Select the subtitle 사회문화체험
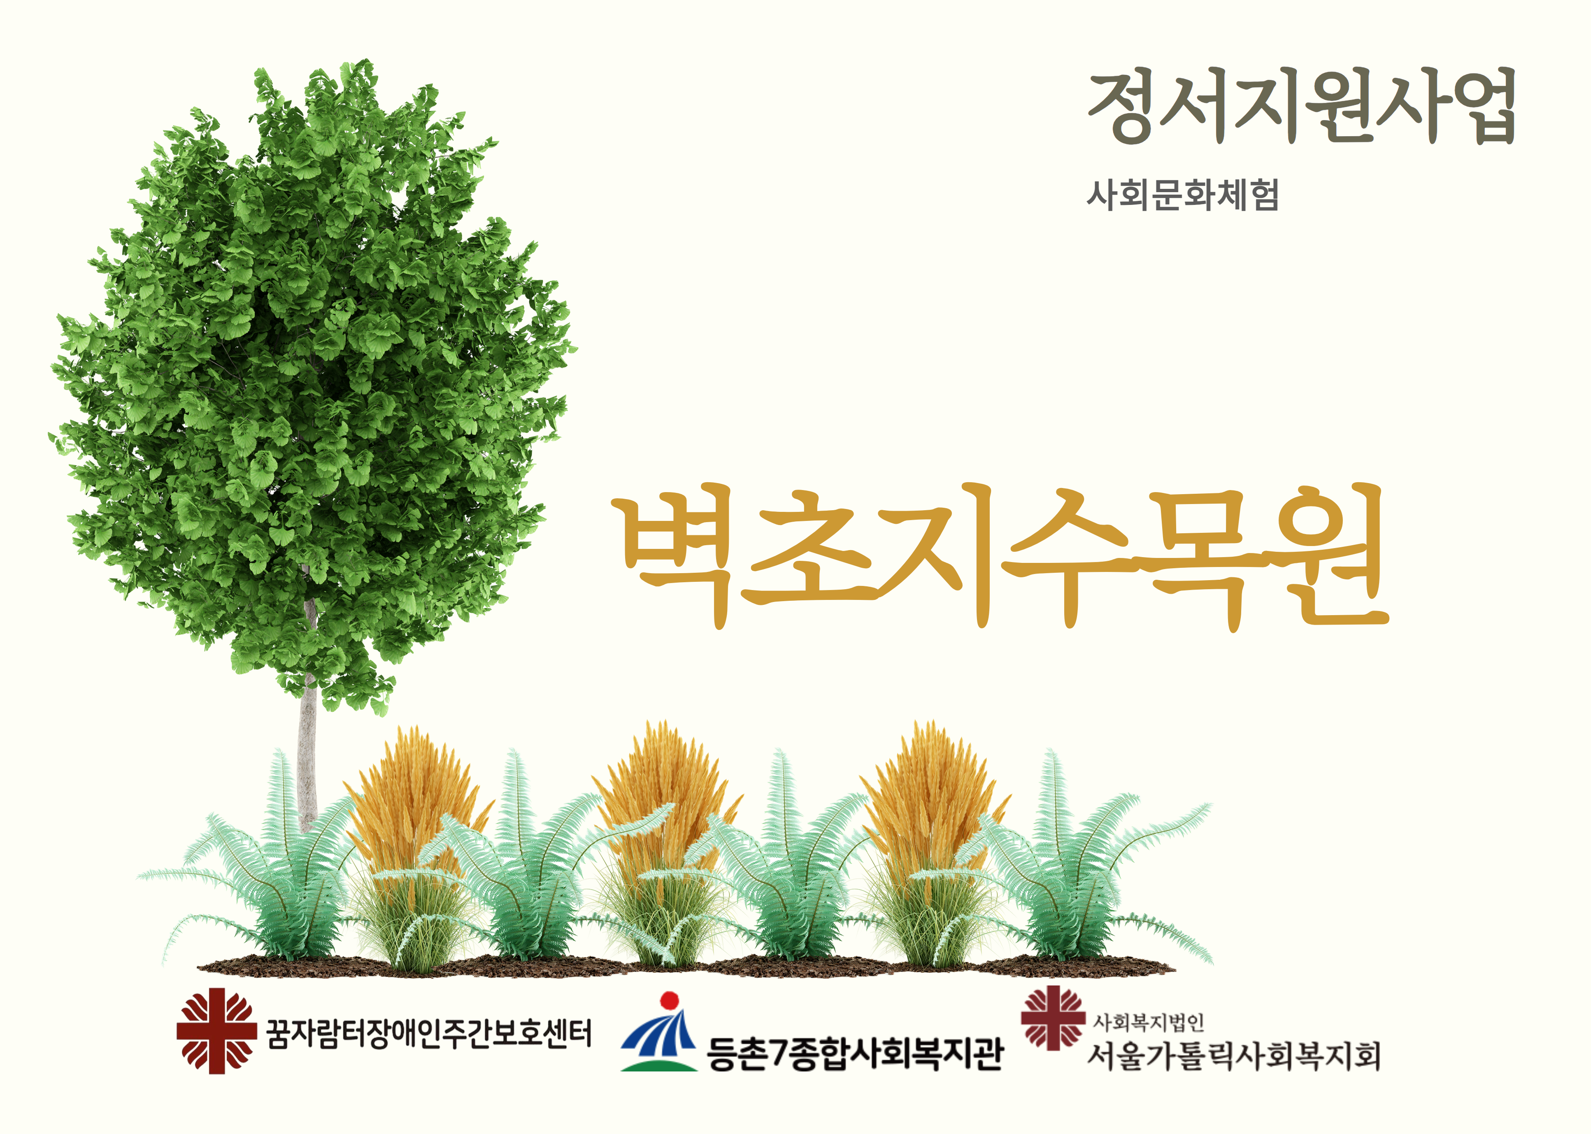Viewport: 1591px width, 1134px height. pos(1182,195)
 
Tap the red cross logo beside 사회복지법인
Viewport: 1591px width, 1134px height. pos(1053,1018)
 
